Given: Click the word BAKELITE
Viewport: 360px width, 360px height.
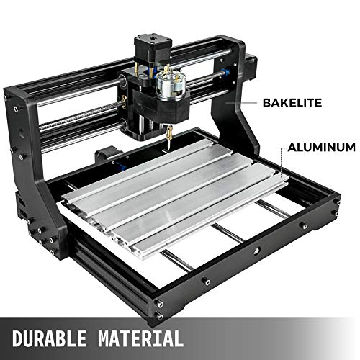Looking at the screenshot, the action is tap(292, 103).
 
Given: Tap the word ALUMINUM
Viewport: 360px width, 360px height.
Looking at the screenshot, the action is tap(322, 147).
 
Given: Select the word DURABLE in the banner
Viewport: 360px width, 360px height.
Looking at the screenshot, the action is tap(49, 338).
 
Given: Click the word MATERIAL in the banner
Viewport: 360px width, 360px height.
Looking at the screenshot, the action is tap(140, 338).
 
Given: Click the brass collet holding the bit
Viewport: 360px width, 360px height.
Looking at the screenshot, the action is tap(169, 132).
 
